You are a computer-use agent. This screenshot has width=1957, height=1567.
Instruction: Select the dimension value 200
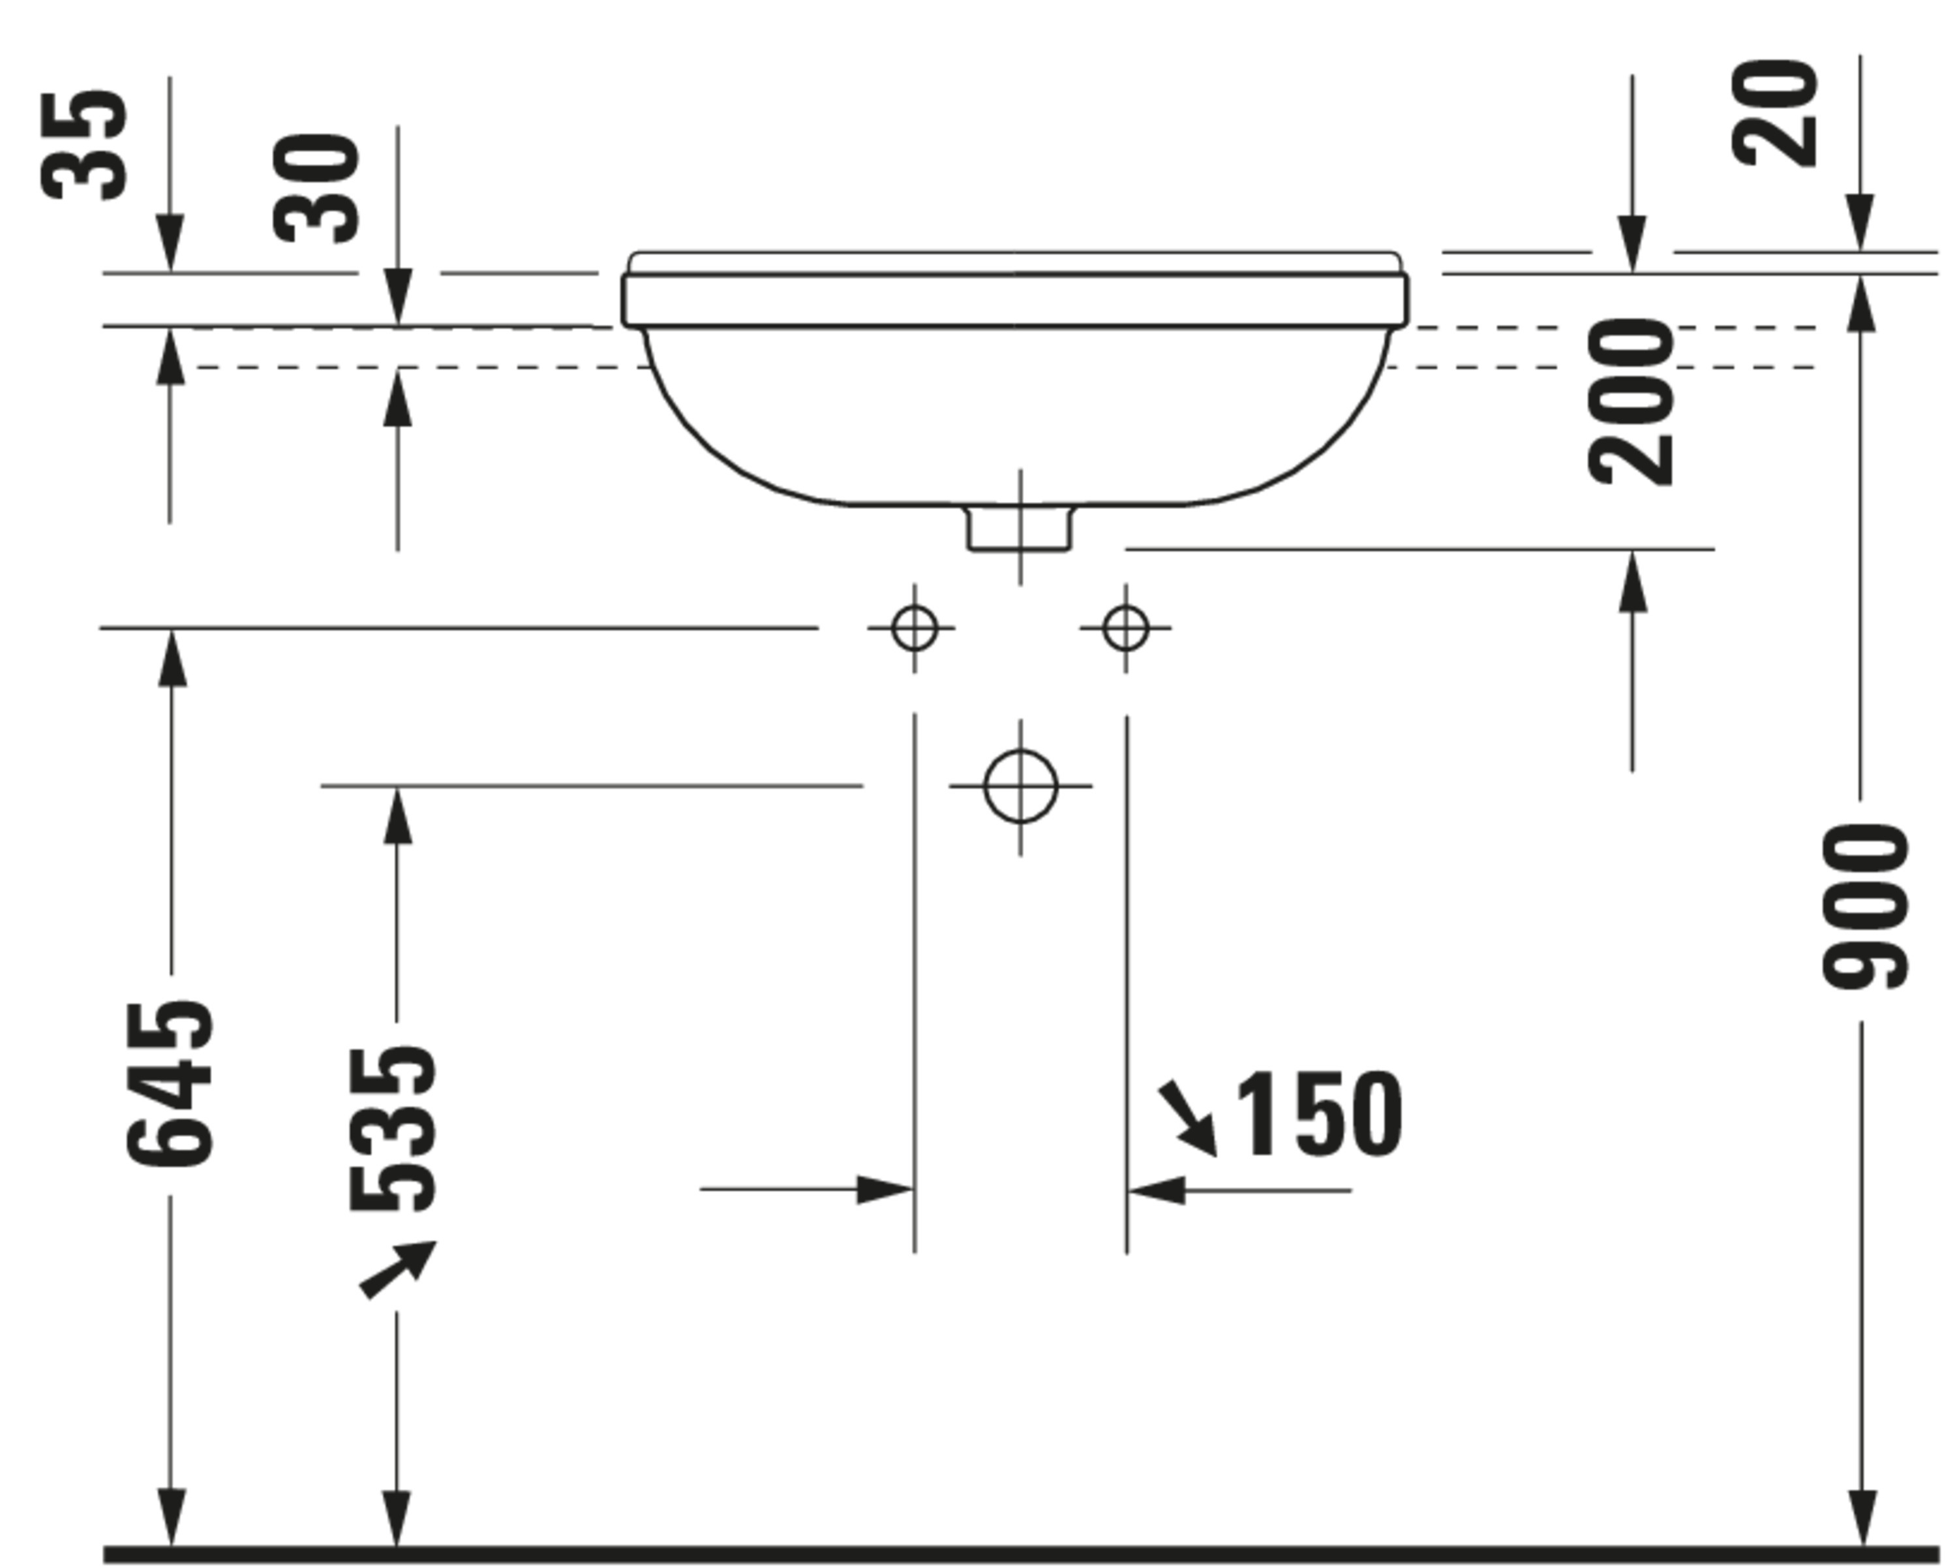[1631, 401]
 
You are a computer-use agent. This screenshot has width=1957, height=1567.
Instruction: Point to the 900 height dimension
[1864, 906]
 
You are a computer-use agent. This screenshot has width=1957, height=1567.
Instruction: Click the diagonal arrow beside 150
[1188, 1117]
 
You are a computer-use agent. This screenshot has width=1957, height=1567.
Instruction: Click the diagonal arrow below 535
[397, 1269]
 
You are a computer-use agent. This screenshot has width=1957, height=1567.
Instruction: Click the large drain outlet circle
[1020, 786]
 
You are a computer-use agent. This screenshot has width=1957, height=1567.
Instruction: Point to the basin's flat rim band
[1015, 300]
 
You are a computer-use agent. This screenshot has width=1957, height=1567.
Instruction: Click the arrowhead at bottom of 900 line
[1862, 1517]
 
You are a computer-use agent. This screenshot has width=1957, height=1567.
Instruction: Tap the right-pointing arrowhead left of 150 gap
[883, 1189]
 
